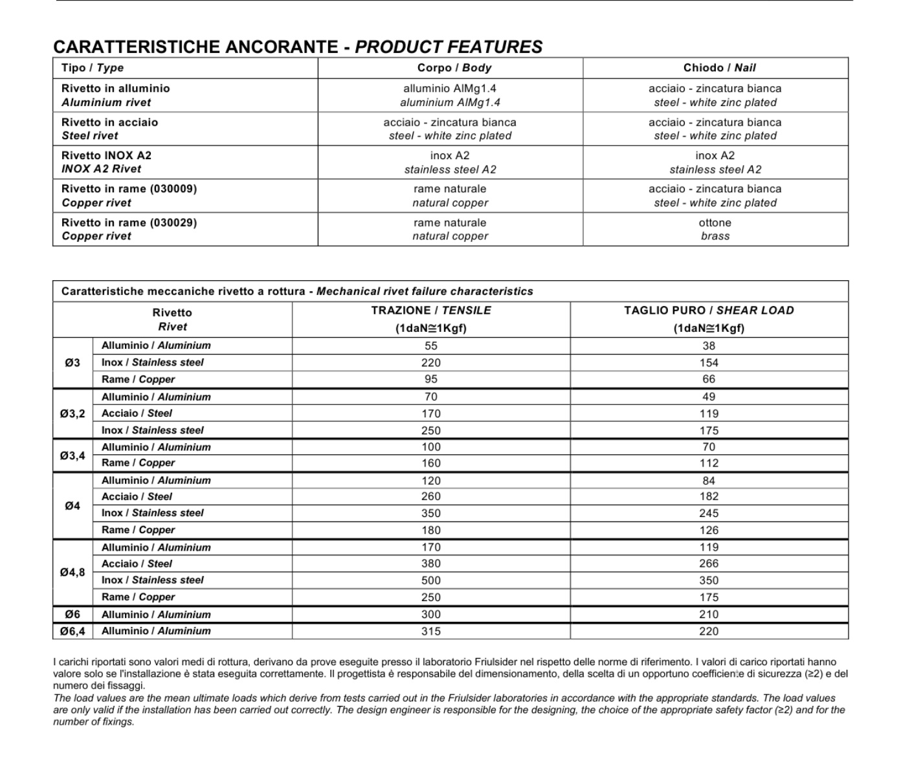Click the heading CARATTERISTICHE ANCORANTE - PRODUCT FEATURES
(x=298, y=47)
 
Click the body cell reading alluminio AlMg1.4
(x=450, y=95)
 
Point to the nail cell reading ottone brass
(x=715, y=229)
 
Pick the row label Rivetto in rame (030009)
(x=129, y=189)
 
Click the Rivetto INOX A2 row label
(x=106, y=155)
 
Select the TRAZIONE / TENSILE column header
(x=431, y=311)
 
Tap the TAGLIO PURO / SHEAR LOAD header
(x=709, y=311)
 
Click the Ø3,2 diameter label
(x=72, y=413)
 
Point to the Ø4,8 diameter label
(x=72, y=572)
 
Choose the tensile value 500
(x=431, y=580)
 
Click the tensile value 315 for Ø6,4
(x=431, y=631)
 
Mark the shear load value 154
(x=709, y=363)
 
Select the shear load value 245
(x=709, y=513)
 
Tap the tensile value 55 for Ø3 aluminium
(x=431, y=346)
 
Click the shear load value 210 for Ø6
(x=709, y=614)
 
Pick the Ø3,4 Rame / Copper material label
(x=138, y=463)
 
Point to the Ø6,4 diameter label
(x=72, y=631)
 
